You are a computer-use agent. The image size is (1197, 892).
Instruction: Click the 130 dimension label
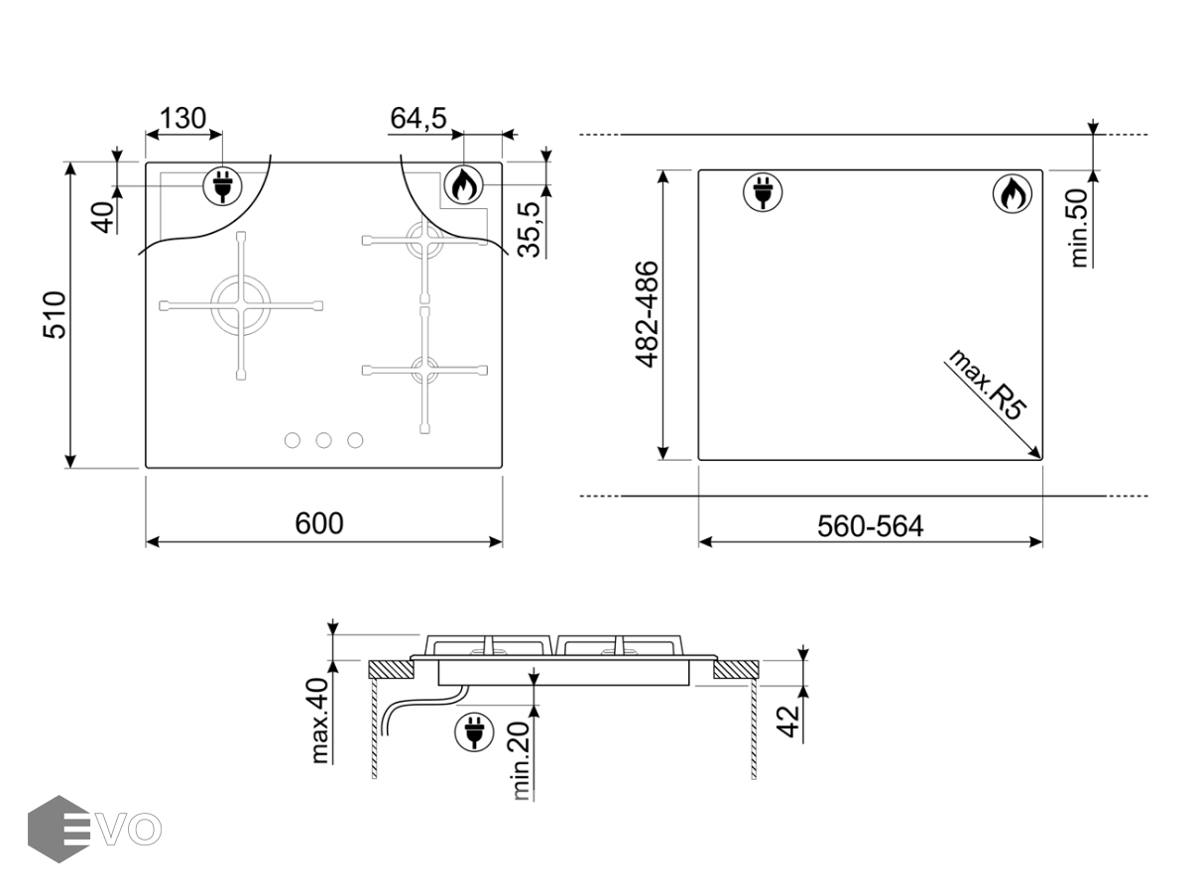coord(183,118)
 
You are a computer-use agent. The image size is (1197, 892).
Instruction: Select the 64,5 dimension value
coord(419,118)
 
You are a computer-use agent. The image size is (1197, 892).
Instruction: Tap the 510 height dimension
coord(56,315)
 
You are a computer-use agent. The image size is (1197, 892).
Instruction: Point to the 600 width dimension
coord(319,523)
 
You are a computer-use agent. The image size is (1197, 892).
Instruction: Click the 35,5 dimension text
coord(529,229)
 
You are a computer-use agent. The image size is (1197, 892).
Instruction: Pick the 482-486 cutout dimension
coord(648,314)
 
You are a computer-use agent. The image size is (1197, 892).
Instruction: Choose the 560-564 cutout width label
coord(871,526)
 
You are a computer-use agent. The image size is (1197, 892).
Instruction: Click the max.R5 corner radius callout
coord(988,385)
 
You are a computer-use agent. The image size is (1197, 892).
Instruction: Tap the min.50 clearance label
coord(1079,228)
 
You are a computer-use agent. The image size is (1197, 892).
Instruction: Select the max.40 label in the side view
coord(319,721)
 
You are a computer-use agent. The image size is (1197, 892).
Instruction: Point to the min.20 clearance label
coord(522,761)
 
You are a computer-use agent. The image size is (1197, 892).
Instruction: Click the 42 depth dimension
coord(788,722)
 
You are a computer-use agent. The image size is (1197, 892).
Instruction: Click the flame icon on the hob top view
coord(463,184)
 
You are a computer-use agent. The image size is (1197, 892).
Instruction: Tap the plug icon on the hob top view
coord(222,185)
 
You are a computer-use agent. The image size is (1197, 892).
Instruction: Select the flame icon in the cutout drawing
coord(1013,193)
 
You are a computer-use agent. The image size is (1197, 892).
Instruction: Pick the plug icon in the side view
coord(474,731)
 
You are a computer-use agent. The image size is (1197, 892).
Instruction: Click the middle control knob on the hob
coord(324,440)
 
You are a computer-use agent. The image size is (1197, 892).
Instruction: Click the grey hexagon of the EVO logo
coord(59,829)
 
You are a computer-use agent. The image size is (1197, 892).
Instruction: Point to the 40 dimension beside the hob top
coord(103,217)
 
